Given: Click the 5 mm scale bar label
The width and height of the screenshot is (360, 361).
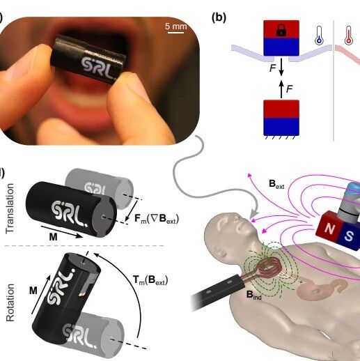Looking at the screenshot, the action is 176,26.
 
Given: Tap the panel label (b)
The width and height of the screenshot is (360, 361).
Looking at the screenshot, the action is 219,17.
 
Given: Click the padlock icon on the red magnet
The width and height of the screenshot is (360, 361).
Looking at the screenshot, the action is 281,30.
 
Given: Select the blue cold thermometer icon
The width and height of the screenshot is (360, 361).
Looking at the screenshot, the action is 319,36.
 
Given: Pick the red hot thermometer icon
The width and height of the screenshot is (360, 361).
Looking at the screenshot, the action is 348,36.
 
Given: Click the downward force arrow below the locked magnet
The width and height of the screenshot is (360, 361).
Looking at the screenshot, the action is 281,67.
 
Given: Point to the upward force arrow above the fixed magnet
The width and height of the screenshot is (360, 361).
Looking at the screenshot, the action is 281,89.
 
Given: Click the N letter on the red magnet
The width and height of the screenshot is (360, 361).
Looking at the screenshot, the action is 329,228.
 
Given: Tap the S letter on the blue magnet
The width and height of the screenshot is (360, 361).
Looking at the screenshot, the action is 349,236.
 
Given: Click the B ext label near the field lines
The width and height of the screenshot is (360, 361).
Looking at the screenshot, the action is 276,184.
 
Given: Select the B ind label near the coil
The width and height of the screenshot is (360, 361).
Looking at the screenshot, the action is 254,295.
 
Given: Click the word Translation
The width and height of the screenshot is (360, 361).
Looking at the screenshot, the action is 10,208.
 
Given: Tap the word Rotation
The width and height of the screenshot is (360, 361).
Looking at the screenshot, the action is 10,302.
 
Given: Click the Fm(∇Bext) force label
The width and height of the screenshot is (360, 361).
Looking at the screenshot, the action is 157,219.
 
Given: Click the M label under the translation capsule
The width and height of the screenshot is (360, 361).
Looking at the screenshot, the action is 53,237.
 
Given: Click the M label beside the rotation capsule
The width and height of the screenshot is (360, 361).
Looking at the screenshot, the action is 33,291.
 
